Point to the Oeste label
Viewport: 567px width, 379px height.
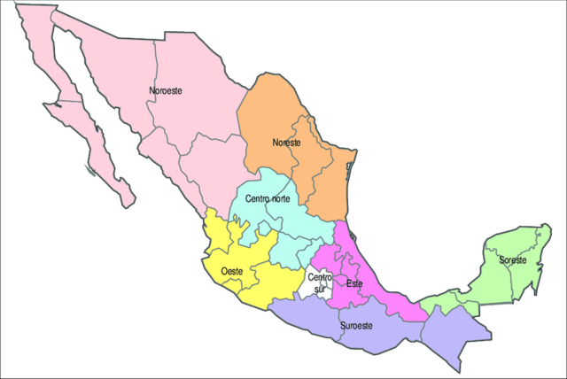(x=232, y=270)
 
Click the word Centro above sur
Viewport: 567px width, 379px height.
(x=320, y=278)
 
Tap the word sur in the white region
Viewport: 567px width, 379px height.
(x=320, y=289)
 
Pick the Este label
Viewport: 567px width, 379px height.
(x=354, y=283)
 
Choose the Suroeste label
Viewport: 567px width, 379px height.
(x=357, y=326)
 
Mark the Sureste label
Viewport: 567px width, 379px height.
(x=512, y=260)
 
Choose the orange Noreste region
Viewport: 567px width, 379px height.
(x=275, y=115)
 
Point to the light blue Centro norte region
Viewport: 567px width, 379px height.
(x=266, y=221)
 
